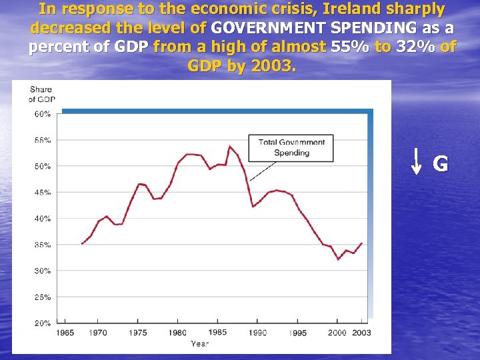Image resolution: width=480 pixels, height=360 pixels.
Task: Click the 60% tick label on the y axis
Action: click(42, 114)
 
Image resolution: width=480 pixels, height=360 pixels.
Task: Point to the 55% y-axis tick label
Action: click(42, 140)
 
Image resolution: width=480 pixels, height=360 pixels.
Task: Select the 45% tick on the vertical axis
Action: click(42, 193)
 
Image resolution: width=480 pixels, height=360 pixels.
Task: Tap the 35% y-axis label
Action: click(42, 245)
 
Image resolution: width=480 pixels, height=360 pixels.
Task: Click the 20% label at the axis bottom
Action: click(42, 323)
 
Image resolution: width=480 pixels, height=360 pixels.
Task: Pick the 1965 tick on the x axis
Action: click(65, 332)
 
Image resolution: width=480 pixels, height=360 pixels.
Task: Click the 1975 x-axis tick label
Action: click(138, 332)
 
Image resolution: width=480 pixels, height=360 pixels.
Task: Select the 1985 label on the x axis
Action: click(217, 332)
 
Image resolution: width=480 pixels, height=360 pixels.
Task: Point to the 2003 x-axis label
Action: click(361, 332)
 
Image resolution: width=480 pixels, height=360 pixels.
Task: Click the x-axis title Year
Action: click(199, 343)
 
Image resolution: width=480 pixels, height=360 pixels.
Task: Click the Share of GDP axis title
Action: click(41, 95)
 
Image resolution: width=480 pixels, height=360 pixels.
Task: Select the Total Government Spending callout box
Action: click(291, 147)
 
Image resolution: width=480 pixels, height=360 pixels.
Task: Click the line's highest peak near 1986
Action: click(229, 146)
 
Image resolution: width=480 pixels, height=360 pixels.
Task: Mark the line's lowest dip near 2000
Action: click(339, 259)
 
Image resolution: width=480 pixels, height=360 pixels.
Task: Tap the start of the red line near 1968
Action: click(82, 244)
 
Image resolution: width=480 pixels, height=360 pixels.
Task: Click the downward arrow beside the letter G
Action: click(415, 161)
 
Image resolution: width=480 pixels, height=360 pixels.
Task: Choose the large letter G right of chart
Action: click(441, 163)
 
